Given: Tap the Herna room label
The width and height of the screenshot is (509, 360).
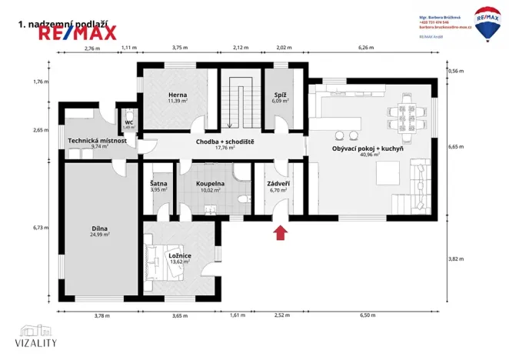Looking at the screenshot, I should (178, 96).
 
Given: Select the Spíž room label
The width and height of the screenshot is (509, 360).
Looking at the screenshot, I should (281, 96).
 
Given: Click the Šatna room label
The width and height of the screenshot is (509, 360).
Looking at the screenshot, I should (158, 184).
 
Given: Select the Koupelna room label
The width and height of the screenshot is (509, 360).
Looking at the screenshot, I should (210, 184).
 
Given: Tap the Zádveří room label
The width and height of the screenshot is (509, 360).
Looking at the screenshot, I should (278, 184).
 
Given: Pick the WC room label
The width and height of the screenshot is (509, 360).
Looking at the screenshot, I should (128, 122).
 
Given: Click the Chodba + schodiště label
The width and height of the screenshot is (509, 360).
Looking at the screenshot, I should (225, 142).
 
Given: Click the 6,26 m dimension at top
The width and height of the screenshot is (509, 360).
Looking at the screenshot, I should (366, 48).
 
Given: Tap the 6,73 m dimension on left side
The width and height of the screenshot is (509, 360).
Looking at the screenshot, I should (40, 228).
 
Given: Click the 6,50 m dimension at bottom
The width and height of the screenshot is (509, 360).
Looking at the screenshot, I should (366, 315).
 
